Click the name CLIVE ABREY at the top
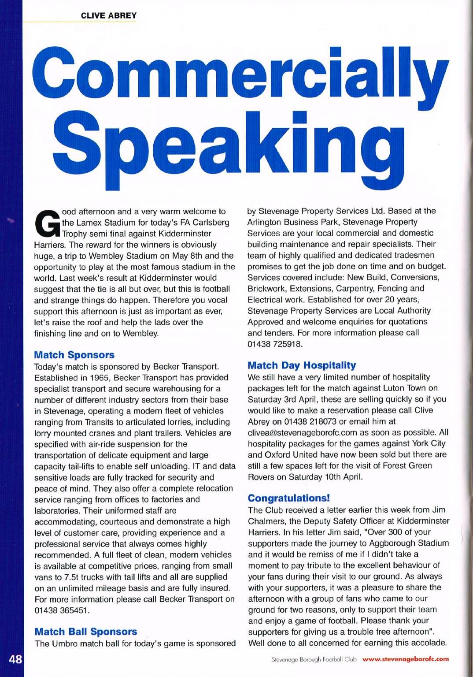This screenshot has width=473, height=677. pos(109,15)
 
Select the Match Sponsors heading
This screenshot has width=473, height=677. pos(74,355)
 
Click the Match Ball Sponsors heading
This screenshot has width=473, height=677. pos(85,632)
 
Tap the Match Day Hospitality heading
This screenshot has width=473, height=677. pos(301,365)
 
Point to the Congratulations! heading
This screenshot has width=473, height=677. pos(288,498)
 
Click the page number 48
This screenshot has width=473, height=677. pos(15,659)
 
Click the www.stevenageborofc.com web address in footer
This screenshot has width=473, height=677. pos(405,659)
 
